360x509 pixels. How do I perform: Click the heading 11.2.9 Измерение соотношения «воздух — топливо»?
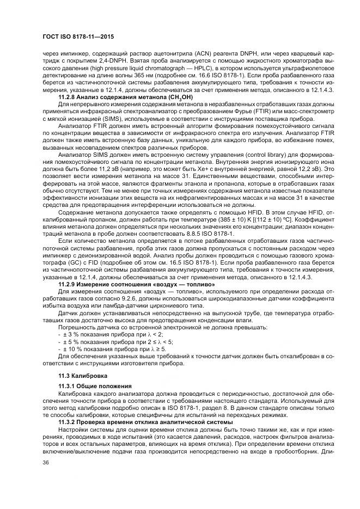[136, 284]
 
